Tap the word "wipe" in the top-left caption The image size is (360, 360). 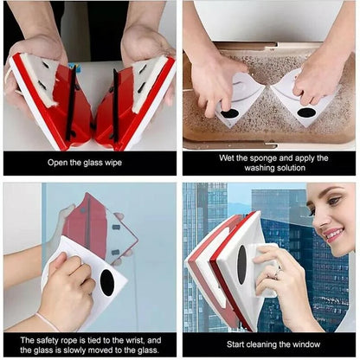123,162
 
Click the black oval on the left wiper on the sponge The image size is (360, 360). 229,113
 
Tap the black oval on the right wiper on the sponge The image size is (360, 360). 306,112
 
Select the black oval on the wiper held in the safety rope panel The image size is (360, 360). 107,282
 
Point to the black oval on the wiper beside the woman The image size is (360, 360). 241,264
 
